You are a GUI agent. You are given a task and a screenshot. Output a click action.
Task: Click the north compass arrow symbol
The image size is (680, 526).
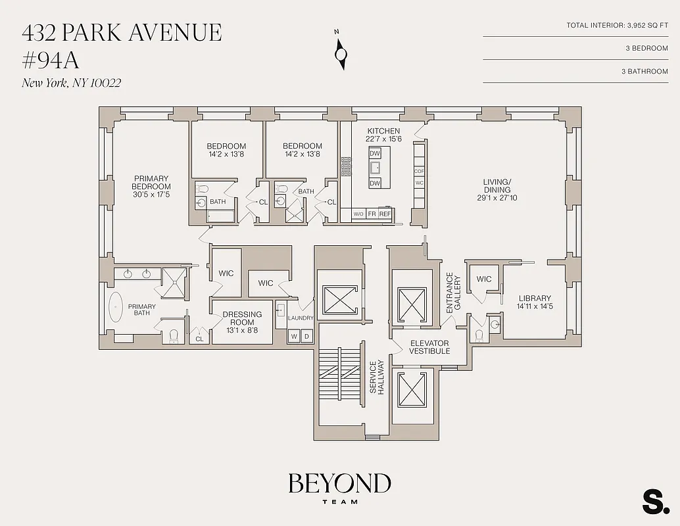[341, 53]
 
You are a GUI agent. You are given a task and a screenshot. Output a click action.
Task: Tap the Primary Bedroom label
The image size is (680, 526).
[151, 182]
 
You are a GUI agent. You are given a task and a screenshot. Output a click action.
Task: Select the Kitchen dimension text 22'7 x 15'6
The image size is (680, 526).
[383, 139]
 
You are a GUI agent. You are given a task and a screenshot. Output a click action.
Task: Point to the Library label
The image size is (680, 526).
[534, 299]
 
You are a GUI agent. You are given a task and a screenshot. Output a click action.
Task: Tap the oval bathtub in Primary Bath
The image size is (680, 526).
[115, 308]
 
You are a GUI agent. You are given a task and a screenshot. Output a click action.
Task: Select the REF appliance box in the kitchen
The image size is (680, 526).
[385, 214]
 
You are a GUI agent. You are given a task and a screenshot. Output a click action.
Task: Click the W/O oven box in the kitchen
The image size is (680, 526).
[358, 214]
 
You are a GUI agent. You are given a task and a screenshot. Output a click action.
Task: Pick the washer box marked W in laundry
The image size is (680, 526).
[294, 337]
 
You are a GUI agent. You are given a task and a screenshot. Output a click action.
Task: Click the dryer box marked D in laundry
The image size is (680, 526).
[306, 337]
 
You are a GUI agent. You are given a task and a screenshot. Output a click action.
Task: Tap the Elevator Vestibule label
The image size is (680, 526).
[429, 347]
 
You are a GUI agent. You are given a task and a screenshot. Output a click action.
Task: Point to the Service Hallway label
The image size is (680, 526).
[377, 377]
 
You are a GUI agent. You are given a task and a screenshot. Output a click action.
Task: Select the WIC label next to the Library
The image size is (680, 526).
[484, 279]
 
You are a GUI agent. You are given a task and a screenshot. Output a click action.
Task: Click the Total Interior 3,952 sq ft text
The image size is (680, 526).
[617, 26]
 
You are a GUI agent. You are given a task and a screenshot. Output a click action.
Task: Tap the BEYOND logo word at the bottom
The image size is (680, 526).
[339, 484]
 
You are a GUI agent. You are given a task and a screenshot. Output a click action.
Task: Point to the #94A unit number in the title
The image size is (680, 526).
[51, 60]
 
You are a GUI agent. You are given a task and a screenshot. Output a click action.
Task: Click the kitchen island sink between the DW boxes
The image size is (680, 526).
[375, 168]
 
